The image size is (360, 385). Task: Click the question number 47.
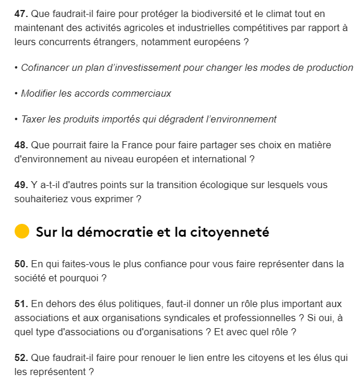(21, 13)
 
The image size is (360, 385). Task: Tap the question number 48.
(21, 145)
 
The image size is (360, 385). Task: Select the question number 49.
(21, 185)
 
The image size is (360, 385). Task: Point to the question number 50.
(21, 264)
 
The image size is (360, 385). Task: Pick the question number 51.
(21, 304)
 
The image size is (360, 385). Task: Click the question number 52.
(21, 357)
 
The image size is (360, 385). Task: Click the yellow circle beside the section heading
(22, 231)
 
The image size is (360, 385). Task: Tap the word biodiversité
(212, 13)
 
